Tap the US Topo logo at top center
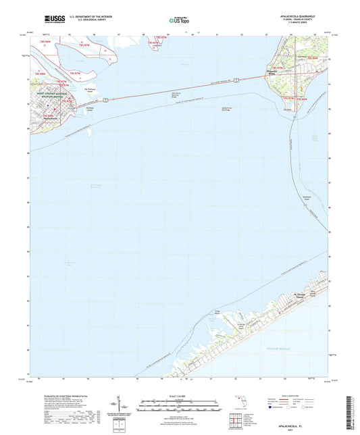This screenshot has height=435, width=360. click(178, 21)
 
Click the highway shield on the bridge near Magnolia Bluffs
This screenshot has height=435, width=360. click(238, 80)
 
